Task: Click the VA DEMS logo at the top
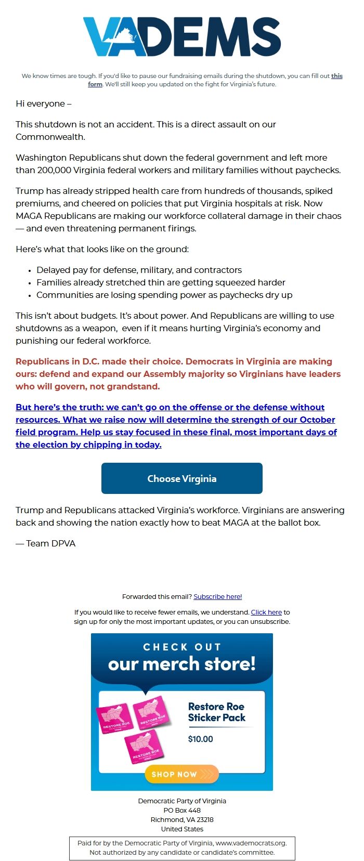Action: click(182, 36)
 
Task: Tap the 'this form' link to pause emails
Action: click(337, 76)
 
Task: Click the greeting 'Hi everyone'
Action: click(44, 103)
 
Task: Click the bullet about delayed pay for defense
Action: click(139, 270)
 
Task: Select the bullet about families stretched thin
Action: click(161, 282)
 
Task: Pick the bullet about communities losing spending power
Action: click(164, 295)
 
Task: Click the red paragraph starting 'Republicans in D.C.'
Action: click(178, 374)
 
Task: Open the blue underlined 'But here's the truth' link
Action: click(176, 426)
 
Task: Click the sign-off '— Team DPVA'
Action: click(46, 543)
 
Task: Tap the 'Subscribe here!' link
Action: click(217, 596)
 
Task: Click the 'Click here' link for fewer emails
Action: click(266, 612)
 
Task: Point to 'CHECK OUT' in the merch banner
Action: click(182, 647)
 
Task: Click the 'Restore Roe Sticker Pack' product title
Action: click(216, 712)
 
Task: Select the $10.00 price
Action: click(200, 739)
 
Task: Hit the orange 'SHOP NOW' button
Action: click(181, 774)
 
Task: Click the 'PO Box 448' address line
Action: click(182, 810)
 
